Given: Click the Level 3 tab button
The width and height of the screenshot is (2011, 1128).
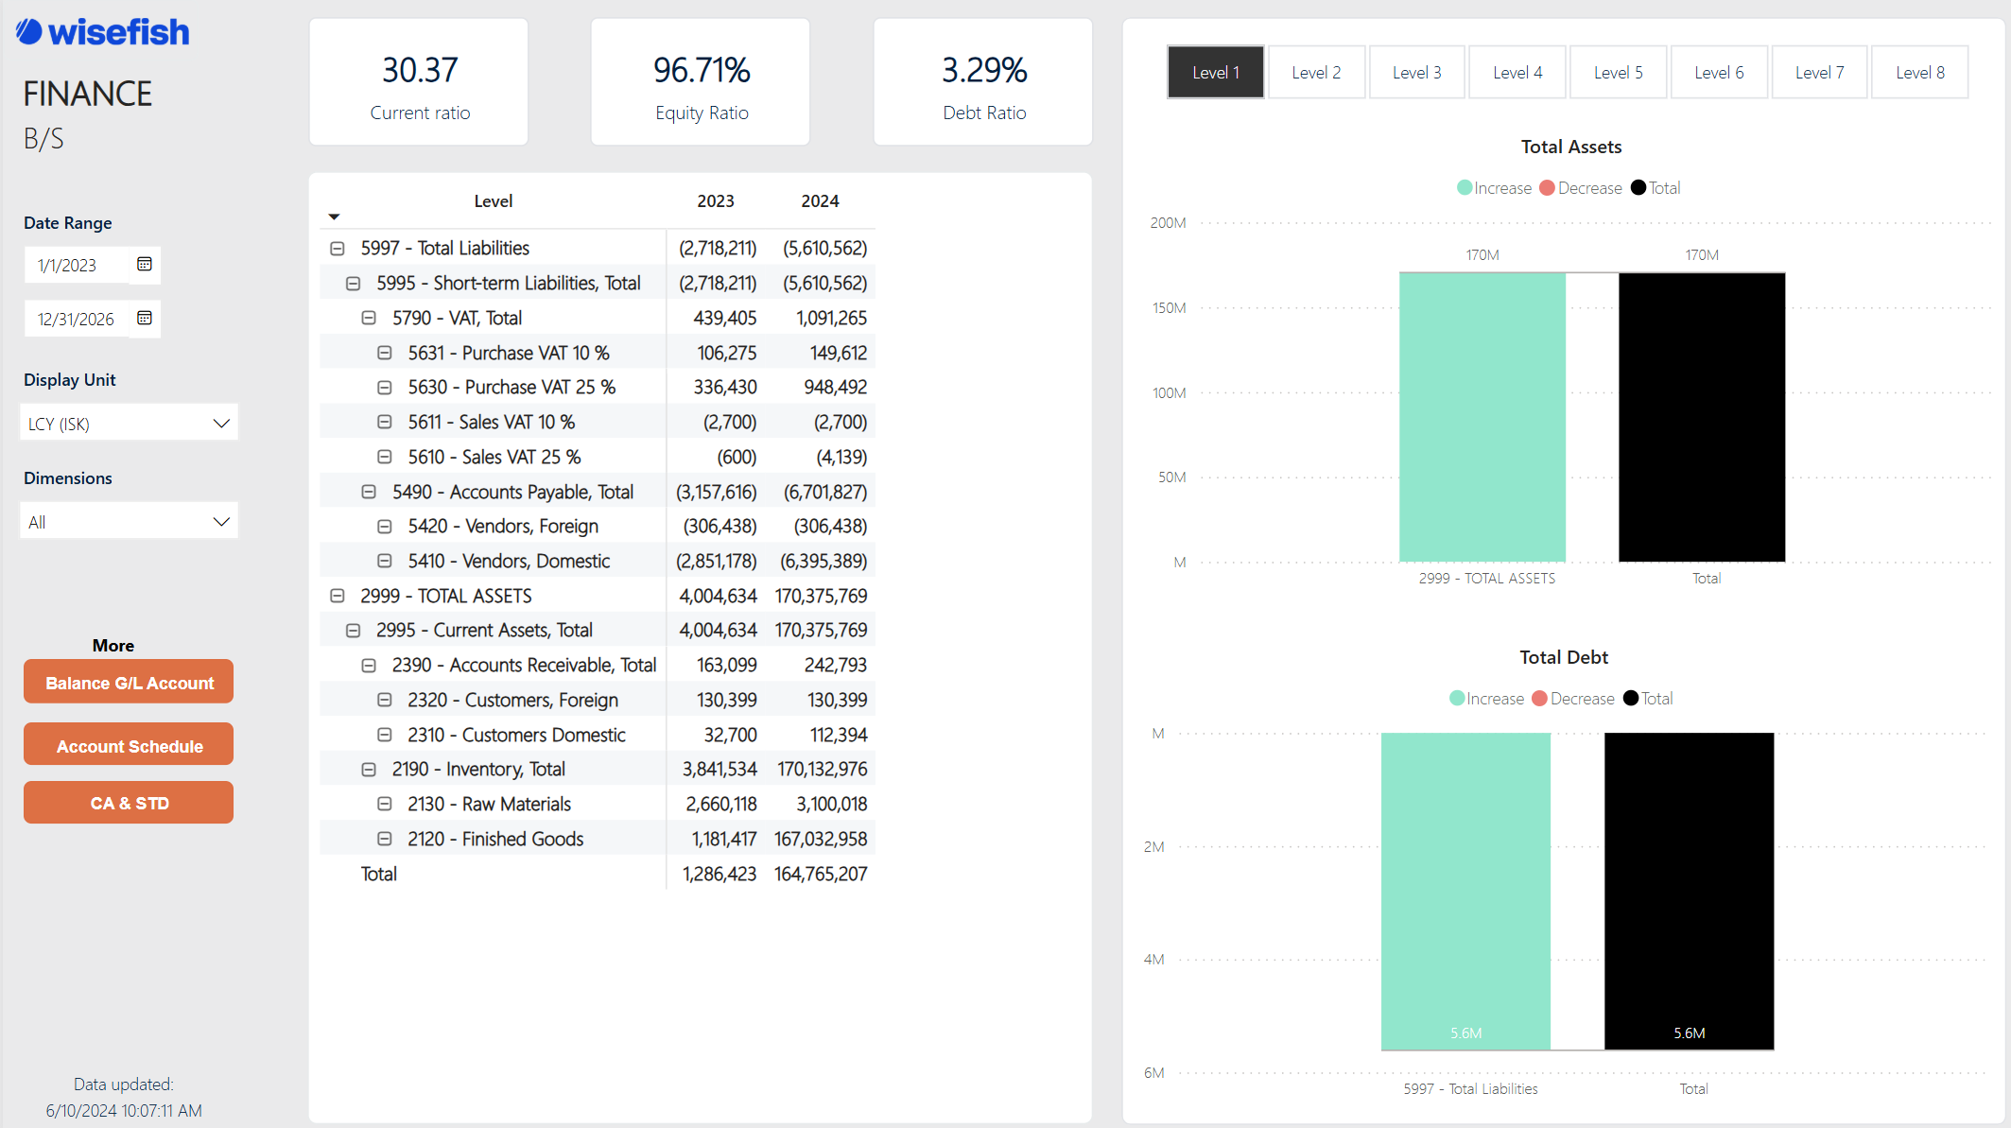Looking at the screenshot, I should coord(1416,72).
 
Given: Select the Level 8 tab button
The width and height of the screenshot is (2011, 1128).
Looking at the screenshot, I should coord(1919,72).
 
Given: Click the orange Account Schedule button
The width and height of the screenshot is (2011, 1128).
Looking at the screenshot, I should coord(129,745).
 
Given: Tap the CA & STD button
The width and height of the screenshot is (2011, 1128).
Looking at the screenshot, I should coord(129,803).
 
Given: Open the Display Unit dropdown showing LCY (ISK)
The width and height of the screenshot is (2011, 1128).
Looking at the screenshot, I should coord(129,423).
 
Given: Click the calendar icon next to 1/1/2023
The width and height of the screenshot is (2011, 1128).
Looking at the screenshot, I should coord(145,264).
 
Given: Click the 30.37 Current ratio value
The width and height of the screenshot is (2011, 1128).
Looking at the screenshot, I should coord(420,70).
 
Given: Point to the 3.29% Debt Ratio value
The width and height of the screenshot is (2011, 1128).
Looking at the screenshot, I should coord(983,70).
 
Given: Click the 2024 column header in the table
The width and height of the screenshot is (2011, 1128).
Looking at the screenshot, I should coord(819,200).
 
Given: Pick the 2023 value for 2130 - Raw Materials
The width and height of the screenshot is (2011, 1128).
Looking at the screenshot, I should coord(720,804).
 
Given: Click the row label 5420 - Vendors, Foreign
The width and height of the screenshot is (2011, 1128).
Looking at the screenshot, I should coord(503,526).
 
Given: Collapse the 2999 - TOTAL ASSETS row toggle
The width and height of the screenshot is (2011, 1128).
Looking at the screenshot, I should coord(337,596).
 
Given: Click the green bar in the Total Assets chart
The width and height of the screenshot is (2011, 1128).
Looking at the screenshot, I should coord(1482,416).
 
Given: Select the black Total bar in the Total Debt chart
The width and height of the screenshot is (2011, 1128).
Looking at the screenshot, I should coord(1689,889).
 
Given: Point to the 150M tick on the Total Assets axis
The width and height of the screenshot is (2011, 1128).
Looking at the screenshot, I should coord(1169,308).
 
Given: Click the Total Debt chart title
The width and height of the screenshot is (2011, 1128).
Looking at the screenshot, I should coord(1563,657).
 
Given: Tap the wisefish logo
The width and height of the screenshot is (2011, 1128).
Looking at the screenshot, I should coord(103,32).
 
